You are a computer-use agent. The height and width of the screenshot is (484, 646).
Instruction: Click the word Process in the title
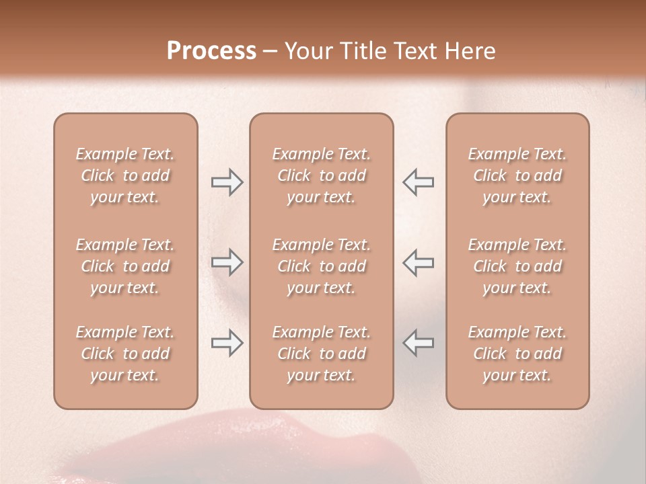[211, 51]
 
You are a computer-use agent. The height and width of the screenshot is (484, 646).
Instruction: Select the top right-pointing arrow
[227, 182]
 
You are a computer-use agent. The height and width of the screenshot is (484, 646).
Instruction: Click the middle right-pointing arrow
[227, 262]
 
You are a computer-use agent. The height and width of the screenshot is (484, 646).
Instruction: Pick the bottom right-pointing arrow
[227, 344]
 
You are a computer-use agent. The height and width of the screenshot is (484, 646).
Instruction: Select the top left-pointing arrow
[419, 182]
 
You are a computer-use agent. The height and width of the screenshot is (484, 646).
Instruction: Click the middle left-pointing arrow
[419, 262]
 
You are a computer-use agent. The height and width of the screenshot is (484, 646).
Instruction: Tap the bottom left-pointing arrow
[419, 344]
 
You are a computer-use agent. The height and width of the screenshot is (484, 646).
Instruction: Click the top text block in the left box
[125, 175]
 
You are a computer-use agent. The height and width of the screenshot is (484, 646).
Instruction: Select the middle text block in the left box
[125, 266]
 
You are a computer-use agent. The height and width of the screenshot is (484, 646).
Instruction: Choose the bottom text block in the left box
[125, 354]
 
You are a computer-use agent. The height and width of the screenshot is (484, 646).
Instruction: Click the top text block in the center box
[321, 175]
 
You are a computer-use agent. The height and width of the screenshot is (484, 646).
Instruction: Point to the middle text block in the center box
[321, 266]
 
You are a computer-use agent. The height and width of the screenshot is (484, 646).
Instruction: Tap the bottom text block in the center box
[321, 354]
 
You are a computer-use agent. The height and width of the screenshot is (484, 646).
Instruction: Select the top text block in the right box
[517, 175]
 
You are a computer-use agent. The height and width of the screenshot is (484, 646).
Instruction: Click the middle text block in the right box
[517, 266]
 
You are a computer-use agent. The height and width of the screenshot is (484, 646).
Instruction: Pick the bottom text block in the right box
[517, 354]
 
